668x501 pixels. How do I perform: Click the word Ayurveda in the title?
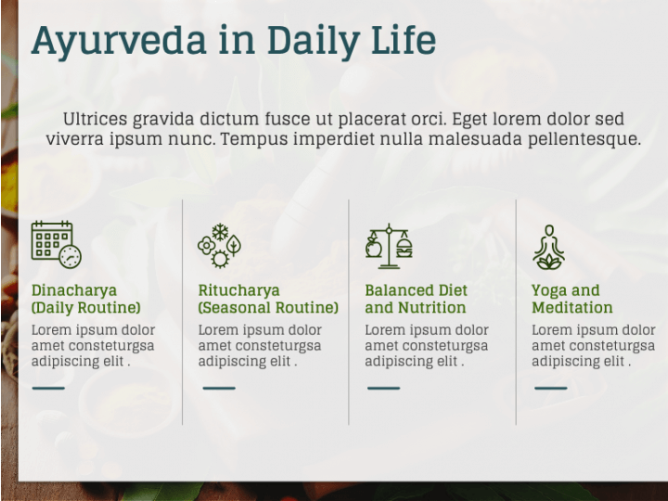tap(119, 42)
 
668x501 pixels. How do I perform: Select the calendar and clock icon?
tap(57, 245)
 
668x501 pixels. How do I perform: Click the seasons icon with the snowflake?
tap(219, 246)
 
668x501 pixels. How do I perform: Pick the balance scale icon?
tap(389, 246)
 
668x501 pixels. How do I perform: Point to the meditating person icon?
tap(549, 247)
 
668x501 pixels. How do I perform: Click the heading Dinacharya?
tap(74, 290)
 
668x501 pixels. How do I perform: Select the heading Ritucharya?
tap(239, 290)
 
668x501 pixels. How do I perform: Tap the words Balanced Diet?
tap(417, 290)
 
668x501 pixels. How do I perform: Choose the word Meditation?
tap(572, 308)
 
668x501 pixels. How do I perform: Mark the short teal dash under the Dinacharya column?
tap(48, 388)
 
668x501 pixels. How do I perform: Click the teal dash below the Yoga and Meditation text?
tap(551, 388)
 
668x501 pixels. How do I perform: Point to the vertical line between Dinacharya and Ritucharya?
tap(183, 312)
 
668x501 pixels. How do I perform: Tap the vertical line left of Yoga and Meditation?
tap(516, 312)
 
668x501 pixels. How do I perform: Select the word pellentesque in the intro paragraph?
tap(584, 140)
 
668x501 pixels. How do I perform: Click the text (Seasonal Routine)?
tap(268, 308)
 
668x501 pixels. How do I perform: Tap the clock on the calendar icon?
tap(70, 257)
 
